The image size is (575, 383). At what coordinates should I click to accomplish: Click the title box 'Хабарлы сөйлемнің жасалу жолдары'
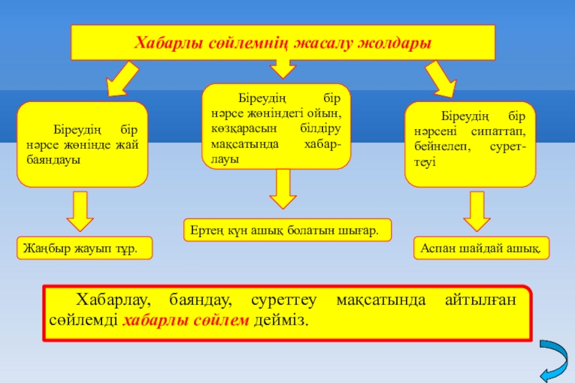click(282, 42)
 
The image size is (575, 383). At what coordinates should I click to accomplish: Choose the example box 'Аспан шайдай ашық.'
click(482, 248)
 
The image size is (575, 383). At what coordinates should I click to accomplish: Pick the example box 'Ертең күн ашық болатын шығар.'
click(287, 230)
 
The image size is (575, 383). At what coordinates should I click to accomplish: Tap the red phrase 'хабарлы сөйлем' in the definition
click(186, 320)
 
